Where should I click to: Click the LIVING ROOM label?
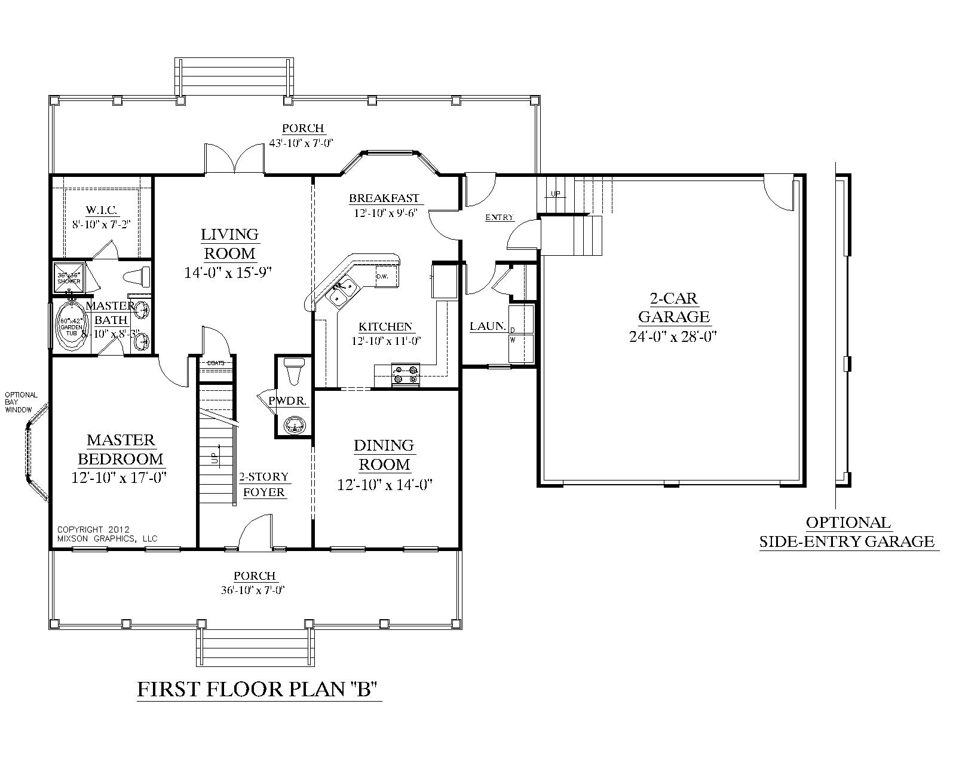(x=229, y=243)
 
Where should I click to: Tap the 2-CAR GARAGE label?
(x=673, y=307)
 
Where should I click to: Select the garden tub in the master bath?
(x=71, y=326)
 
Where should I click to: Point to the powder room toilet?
(x=293, y=372)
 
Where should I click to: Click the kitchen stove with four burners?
(x=405, y=375)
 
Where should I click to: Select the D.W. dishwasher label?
(x=382, y=276)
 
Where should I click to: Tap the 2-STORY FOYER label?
(x=263, y=485)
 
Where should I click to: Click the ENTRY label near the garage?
(x=500, y=218)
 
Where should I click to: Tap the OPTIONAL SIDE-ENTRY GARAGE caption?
(x=848, y=531)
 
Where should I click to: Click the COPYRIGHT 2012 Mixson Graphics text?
(x=106, y=534)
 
